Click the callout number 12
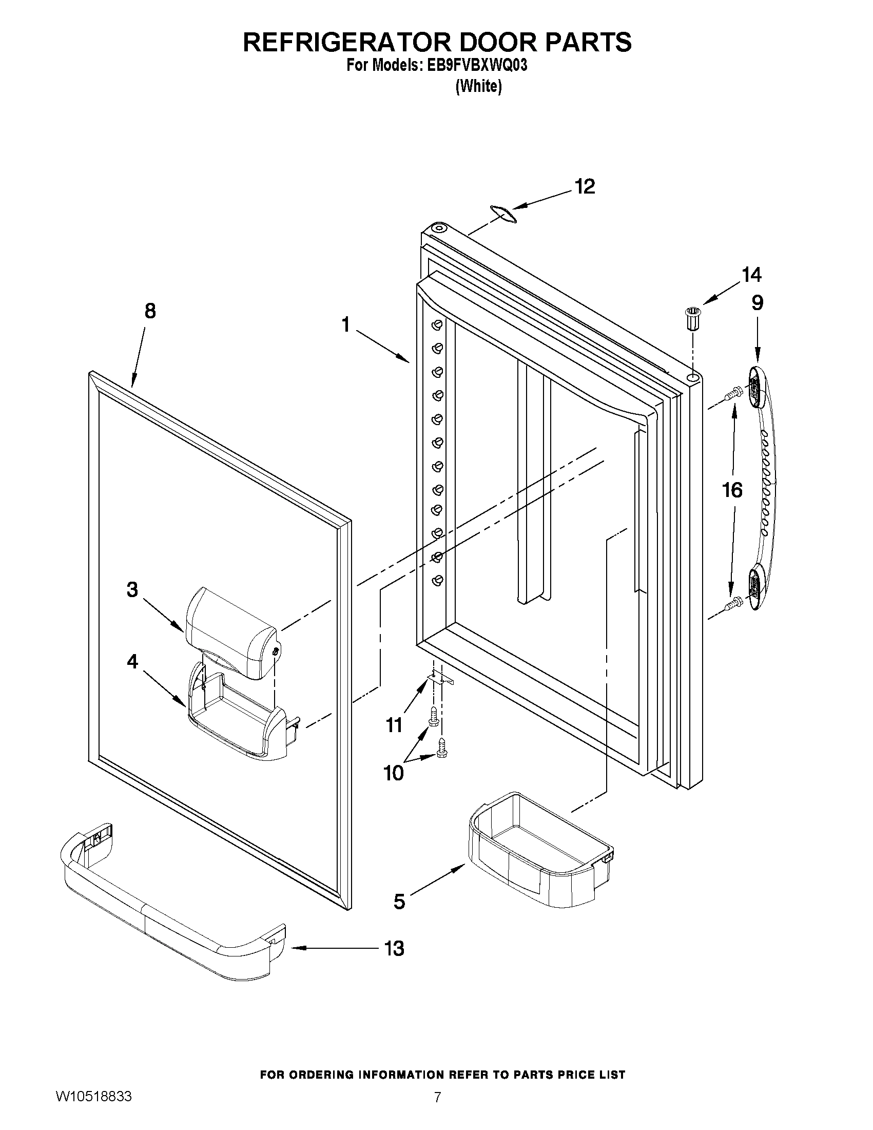click(585, 187)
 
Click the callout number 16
click(732, 490)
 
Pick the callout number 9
click(757, 302)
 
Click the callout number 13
click(394, 948)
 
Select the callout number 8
click(149, 311)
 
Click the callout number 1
click(345, 325)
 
